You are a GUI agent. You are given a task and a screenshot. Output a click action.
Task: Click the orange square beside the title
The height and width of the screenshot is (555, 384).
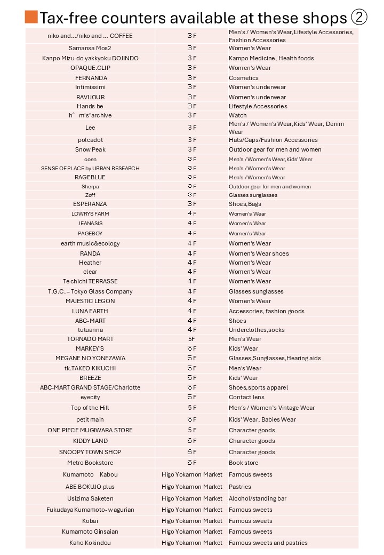[31, 17]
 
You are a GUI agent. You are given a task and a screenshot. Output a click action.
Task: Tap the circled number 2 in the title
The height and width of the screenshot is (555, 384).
[359, 18]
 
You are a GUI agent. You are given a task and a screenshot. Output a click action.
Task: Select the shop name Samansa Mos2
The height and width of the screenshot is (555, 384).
[90, 48]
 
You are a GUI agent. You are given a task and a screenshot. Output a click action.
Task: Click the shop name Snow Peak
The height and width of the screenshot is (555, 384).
[90, 149]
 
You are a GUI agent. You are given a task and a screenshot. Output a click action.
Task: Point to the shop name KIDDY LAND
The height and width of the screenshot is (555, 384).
[90, 441]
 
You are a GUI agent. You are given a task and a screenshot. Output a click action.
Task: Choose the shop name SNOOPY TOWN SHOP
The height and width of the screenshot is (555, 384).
[90, 452]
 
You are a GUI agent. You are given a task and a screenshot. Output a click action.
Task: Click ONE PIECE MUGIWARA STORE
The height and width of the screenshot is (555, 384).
[90, 430]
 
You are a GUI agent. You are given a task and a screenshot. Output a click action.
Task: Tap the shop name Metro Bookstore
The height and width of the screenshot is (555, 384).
[90, 463]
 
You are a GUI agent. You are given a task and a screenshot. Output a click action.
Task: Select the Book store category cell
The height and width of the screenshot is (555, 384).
[244, 463]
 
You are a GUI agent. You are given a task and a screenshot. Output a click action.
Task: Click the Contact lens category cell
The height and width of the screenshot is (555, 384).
[246, 397]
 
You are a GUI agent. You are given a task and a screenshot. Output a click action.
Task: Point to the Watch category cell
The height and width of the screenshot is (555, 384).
[238, 115]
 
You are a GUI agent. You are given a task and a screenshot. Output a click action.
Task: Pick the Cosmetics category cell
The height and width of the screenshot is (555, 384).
[244, 78]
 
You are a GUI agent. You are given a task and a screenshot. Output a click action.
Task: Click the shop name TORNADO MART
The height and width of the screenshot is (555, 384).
[90, 339]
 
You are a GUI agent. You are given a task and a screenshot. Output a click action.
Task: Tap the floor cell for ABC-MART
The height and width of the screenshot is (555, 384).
[192, 321]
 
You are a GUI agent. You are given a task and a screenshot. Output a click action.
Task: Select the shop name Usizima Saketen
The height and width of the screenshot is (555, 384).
[90, 498]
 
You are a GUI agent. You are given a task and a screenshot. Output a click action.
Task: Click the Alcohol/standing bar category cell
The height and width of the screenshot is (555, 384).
[258, 498]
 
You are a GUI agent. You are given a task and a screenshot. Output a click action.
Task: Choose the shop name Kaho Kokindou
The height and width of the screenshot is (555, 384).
[90, 543]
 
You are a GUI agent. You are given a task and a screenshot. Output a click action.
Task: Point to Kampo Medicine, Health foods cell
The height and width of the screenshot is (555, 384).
[271, 58]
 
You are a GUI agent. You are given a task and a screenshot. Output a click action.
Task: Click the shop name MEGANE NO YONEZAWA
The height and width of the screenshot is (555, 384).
[90, 358]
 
